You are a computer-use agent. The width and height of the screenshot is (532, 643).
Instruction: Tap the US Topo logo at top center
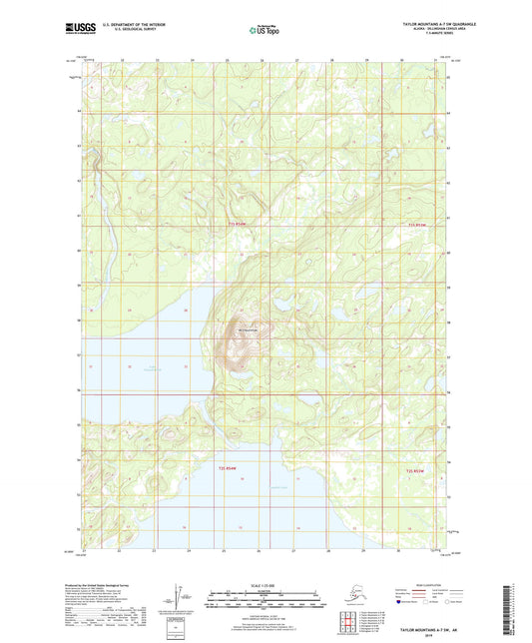[x=265, y=31]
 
